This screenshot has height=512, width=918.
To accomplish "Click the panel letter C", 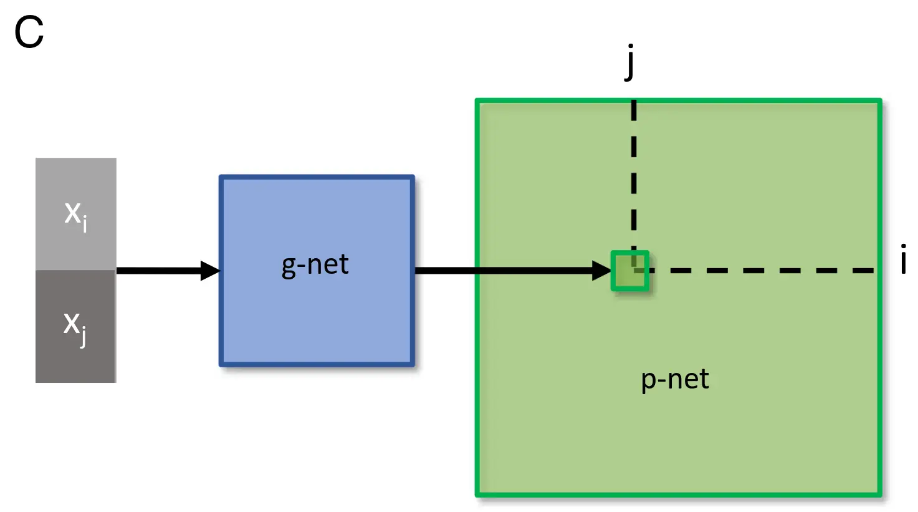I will [29, 33].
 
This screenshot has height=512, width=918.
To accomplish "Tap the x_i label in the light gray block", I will [75, 215].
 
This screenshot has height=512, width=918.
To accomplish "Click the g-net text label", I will [315, 265].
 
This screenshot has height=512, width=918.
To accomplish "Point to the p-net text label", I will [675, 379].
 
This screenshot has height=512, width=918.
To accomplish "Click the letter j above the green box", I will [631, 62].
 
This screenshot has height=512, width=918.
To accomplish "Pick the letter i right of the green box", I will [903, 259].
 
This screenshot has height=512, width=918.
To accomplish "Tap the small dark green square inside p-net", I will [630, 271].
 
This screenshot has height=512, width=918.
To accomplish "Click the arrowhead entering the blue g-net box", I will [210, 271].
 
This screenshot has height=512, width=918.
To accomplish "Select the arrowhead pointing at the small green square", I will [601, 271].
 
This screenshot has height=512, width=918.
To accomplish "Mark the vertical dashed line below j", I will [634, 175].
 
